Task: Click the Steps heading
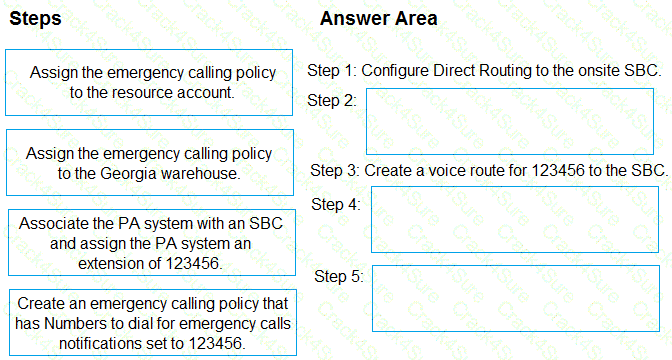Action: (x=35, y=19)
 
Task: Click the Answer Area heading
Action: (x=378, y=19)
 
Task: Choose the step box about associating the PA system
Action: (x=149, y=243)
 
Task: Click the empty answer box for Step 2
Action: (x=510, y=121)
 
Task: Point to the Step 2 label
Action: (x=331, y=100)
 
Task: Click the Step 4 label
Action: (x=336, y=204)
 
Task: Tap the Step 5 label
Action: (x=338, y=276)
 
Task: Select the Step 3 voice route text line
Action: (x=489, y=170)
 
